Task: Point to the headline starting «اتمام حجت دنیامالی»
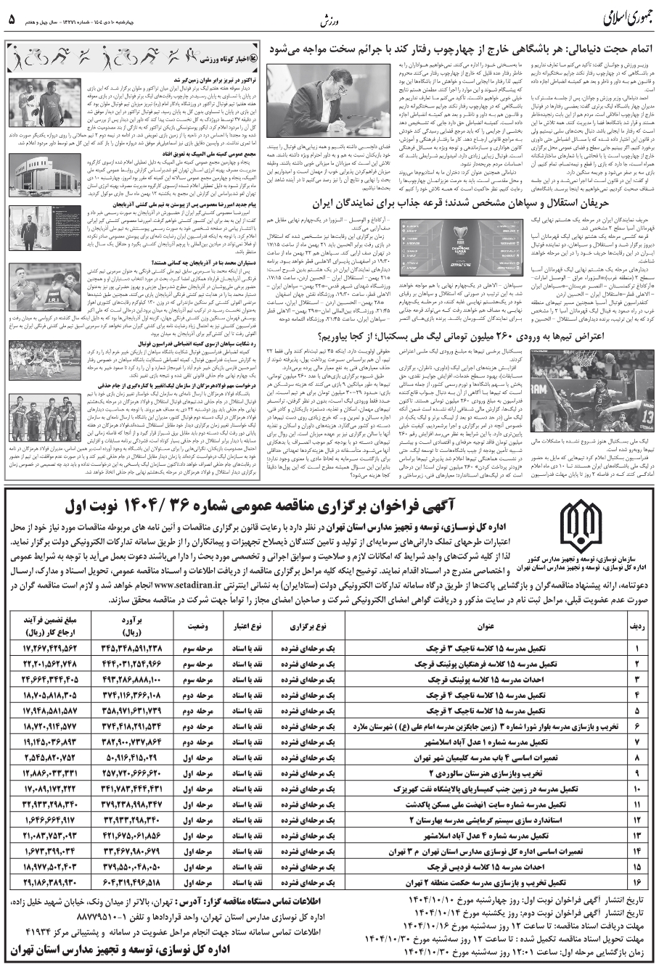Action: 462,49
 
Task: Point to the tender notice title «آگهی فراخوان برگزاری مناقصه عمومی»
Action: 309,504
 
